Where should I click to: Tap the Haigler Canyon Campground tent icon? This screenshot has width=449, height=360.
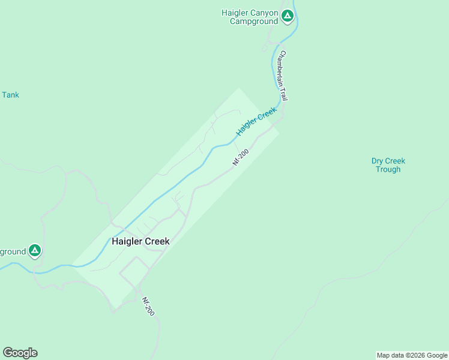(x=288, y=16)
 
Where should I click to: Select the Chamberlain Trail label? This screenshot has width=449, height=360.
(x=285, y=75)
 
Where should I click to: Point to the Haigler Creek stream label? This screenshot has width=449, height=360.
(x=256, y=121)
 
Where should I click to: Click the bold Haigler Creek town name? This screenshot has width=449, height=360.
(x=140, y=241)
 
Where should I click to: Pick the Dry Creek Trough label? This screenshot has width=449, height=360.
(x=388, y=165)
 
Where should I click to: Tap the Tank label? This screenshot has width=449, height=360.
(x=10, y=95)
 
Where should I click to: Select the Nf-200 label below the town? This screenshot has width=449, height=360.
(x=148, y=307)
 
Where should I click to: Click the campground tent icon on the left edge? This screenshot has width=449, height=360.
(x=35, y=251)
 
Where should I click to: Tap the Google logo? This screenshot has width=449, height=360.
(x=20, y=353)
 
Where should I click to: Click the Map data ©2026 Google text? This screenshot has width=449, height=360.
(x=411, y=355)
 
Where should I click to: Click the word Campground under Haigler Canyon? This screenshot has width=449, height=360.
(x=254, y=22)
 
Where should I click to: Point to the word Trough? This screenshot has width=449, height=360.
(x=388, y=169)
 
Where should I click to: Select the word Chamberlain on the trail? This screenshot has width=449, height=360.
(x=282, y=67)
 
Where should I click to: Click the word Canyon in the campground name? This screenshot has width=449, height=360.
(x=264, y=13)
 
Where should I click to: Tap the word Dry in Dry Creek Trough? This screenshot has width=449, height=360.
(x=378, y=161)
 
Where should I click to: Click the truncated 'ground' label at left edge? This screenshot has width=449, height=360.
(x=13, y=251)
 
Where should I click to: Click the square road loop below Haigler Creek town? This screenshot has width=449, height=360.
(x=134, y=271)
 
